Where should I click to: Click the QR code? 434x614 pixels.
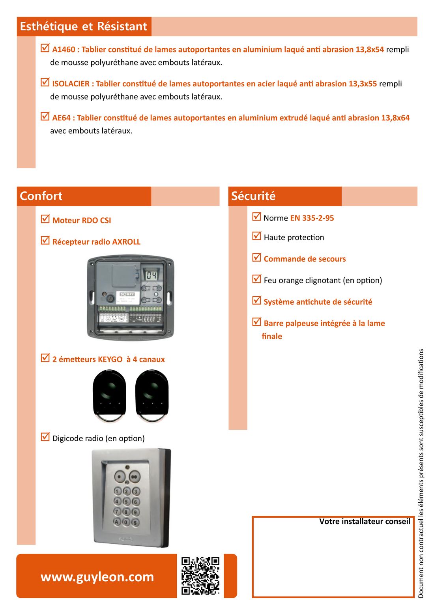200,575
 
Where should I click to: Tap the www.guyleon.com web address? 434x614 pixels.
97,577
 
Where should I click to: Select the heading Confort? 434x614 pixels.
41,196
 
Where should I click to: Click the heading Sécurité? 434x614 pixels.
253,196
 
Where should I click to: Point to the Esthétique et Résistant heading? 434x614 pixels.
83,26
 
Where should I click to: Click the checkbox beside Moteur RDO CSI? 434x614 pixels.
45,219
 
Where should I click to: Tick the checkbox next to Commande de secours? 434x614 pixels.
257,257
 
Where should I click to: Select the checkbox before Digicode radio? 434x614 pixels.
45,437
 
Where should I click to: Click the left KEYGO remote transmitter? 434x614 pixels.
109,395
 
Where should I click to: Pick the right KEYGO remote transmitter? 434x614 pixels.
152,395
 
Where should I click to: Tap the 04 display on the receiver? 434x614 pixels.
152,275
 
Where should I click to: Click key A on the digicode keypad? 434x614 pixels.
117,522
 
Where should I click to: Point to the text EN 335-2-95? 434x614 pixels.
312,218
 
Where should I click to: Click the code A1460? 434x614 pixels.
64,50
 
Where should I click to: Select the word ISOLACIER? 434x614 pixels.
71,84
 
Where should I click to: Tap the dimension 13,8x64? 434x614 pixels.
395,118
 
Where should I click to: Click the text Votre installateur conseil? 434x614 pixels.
365,522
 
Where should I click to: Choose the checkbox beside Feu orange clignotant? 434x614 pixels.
257,279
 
